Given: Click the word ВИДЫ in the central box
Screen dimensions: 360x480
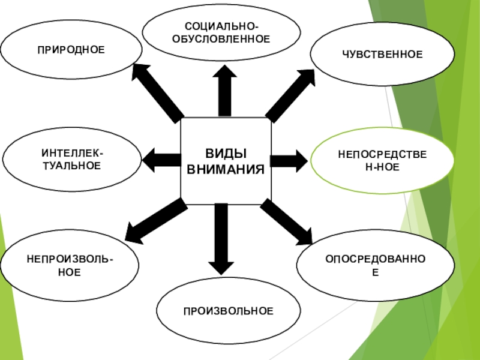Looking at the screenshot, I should coord(226,154).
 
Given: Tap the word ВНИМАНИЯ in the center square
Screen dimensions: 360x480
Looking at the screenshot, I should coord(226,169).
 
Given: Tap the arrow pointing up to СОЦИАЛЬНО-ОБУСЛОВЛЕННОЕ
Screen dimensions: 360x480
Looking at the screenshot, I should coord(224,90).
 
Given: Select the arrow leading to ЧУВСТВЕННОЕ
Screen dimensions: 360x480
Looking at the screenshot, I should coord(290,94).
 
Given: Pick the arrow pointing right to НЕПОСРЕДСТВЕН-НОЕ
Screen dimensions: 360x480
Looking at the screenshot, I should coord(289,160).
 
